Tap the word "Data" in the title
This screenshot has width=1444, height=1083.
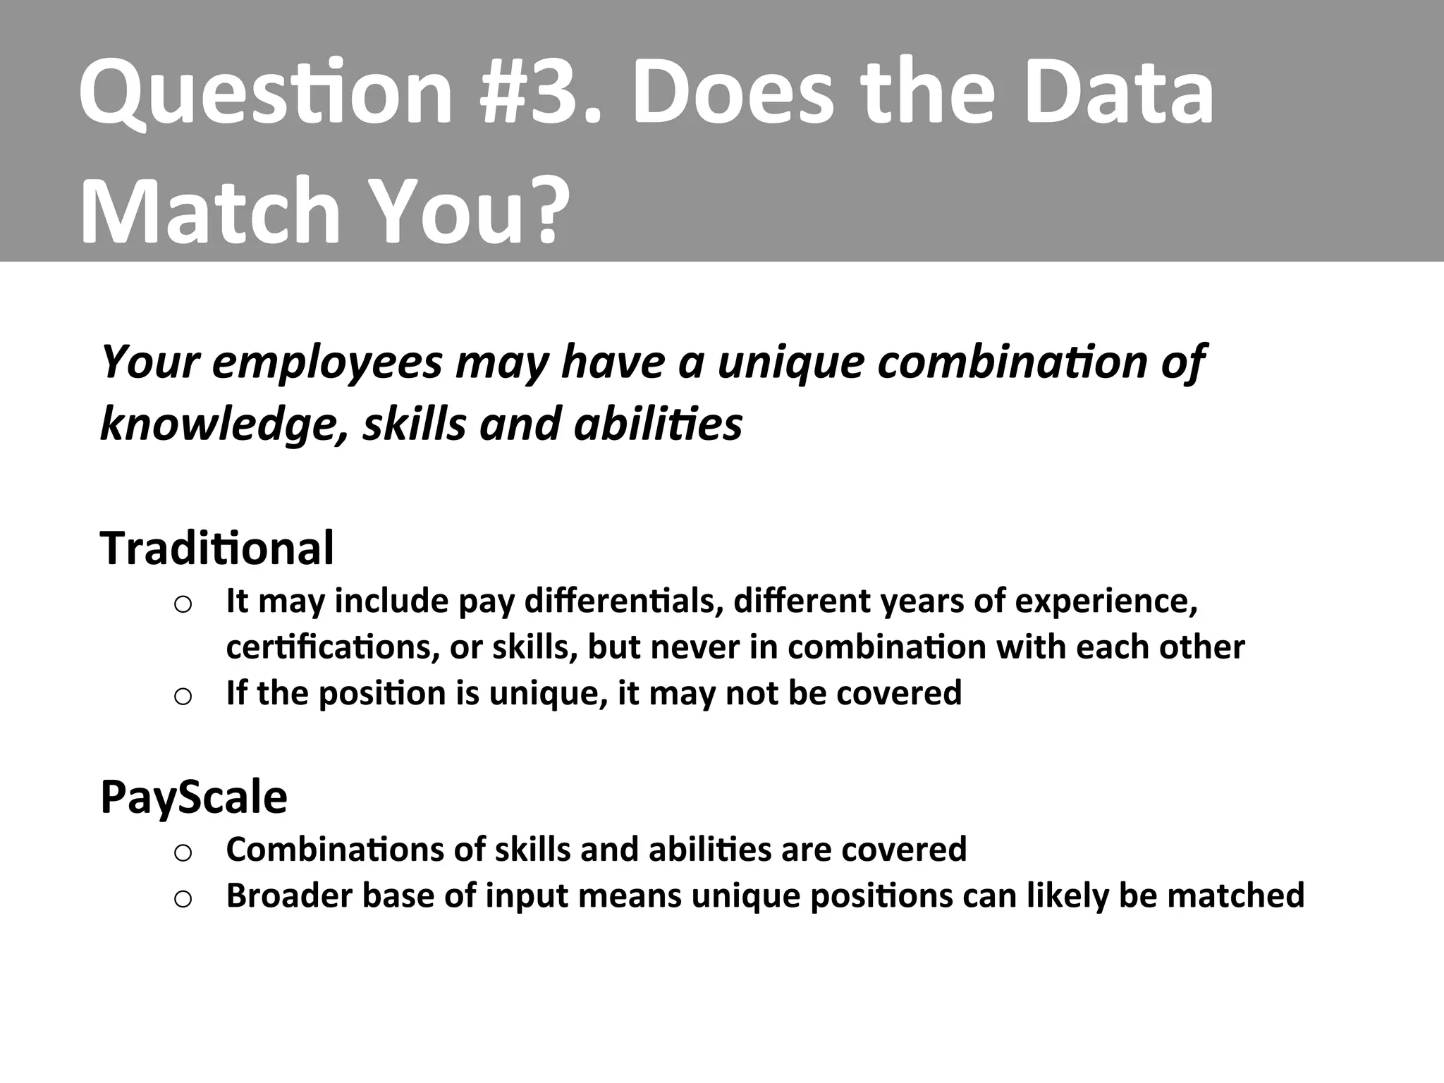[1119, 93]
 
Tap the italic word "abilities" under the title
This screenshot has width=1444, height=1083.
[659, 424]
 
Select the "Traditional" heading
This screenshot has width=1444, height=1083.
[217, 548]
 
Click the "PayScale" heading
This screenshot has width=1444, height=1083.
[194, 797]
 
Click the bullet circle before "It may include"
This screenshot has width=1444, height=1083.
[183, 605]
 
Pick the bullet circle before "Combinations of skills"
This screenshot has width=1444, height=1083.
[183, 852]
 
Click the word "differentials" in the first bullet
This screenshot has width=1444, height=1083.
[623, 601]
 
